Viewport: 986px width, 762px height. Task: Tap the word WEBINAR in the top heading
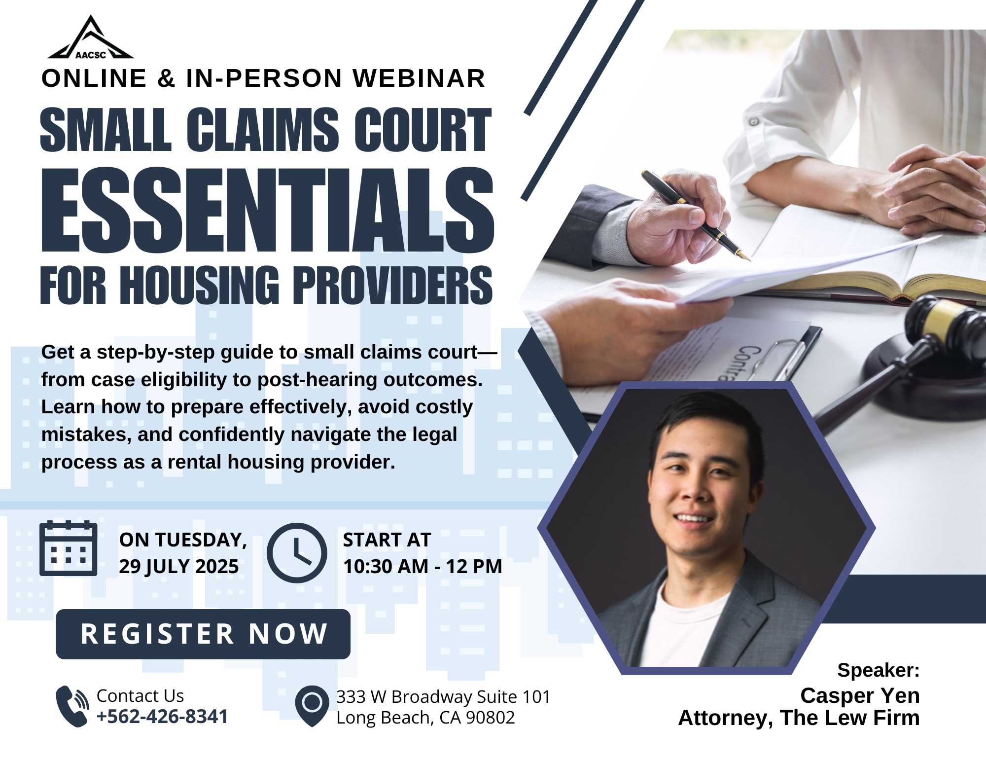tap(420, 78)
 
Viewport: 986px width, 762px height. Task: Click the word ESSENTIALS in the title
tap(268, 210)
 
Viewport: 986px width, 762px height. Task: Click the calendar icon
tap(68, 548)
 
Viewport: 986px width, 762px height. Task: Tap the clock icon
tap(297, 553)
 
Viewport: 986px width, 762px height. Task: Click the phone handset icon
tap(72, 706)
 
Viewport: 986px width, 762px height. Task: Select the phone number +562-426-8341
tap(162, 717)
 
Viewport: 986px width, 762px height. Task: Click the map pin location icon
tap(312, 706)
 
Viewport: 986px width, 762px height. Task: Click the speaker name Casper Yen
tap(860, 695)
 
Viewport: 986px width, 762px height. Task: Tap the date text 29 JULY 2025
tap(179, 567)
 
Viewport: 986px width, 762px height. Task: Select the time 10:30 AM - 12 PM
tap(423, 567)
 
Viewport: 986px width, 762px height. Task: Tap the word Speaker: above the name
tap(879, 670)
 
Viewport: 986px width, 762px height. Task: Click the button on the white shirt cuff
tap(754, 121)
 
